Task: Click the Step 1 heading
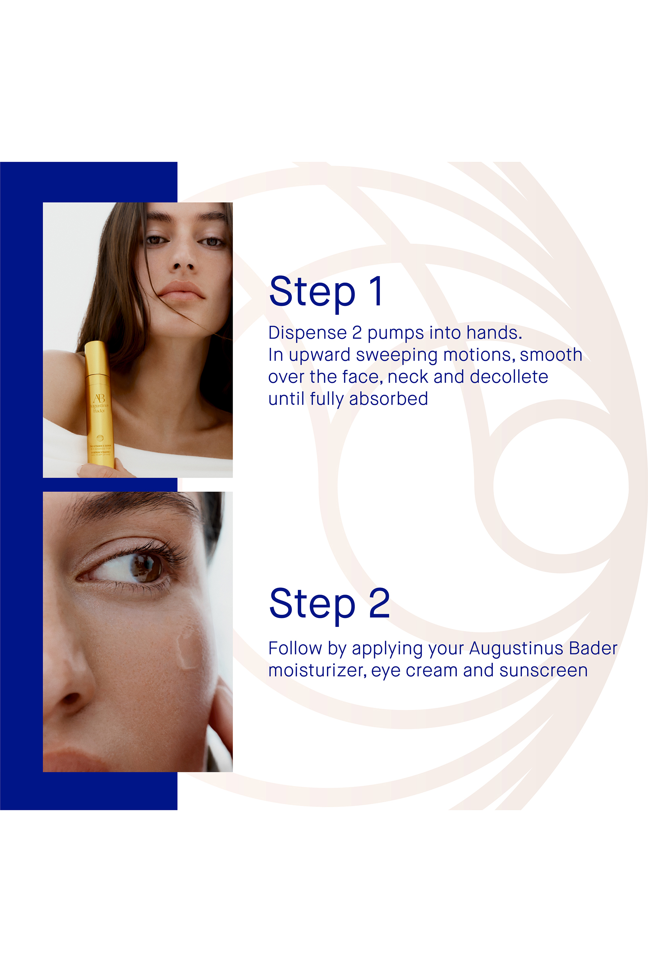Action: coord(327,292)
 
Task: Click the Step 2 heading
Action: coord(329,604)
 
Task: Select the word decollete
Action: coord(509,377)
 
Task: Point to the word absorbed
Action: coord(388,399)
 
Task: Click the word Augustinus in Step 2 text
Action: coord(516,648)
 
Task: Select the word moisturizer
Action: coord(317,670)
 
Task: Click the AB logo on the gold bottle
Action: coord(99,399)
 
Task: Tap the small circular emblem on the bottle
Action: coord(100,438)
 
